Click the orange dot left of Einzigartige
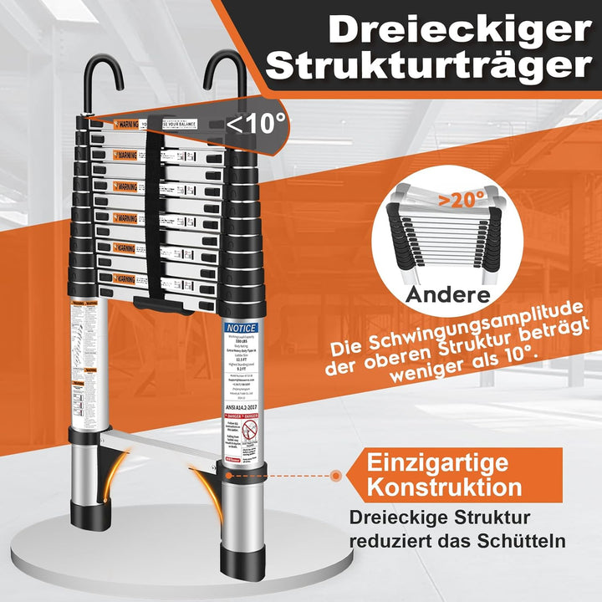(335, 475)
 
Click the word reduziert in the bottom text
(386, 542)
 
